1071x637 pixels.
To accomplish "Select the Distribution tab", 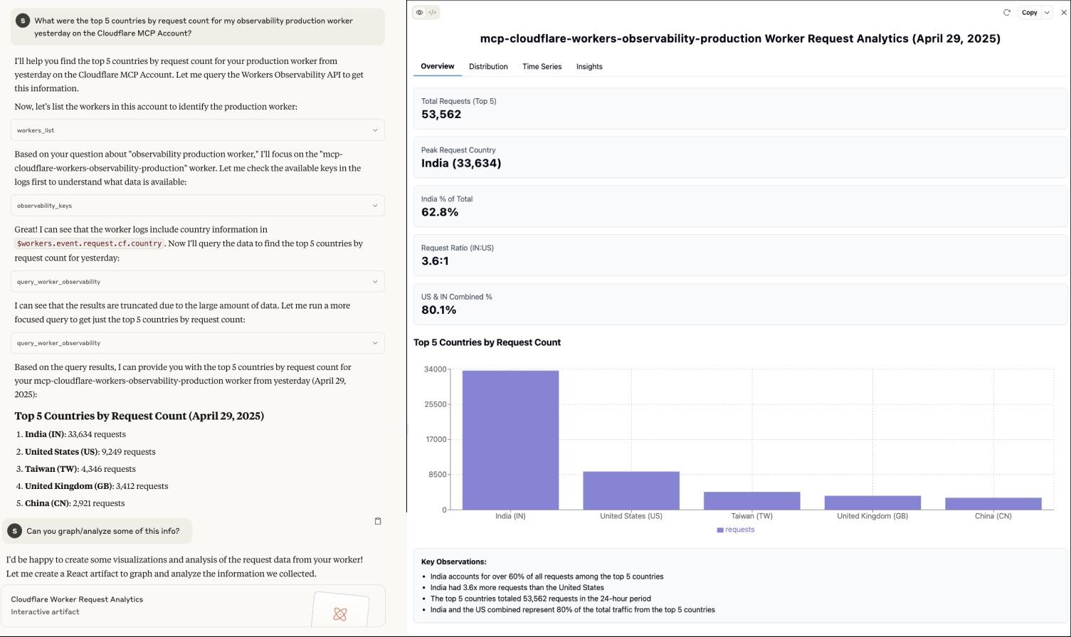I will (488, 67).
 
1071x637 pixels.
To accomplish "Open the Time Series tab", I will (542, 67).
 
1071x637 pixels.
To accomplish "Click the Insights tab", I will (589, 67).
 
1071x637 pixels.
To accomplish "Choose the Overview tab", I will (437, 66).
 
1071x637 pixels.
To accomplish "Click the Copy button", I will (1029, 13).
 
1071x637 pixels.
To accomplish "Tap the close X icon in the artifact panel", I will (1064, 13).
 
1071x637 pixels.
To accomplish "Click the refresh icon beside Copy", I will (1006, 13).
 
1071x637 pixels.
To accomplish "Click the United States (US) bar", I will (631, 490).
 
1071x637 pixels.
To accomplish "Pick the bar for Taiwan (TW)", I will (751, 500).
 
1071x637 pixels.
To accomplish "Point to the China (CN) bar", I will (993, 503).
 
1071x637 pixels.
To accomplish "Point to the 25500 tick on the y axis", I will (435, 404).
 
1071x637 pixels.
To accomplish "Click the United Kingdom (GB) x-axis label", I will (872, 516).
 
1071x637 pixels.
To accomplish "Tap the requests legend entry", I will (736, 530).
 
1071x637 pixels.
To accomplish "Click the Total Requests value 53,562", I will (441, 115).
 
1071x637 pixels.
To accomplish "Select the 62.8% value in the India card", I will (440, 212).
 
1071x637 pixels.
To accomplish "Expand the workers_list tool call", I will (197, 130).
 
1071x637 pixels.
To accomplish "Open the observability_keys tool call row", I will (197, 206).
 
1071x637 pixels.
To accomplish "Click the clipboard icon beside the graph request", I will (378, 521).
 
